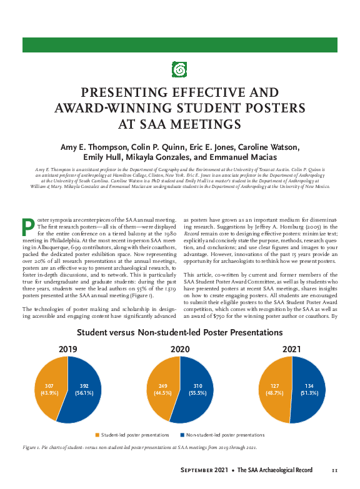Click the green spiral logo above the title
click(x=180, y=70)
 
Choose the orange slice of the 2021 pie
click(x=274, y=388)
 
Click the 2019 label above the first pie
click(x=67, y=348)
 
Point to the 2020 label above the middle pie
click(x=180, y=348)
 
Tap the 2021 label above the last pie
click(x=292, y=348)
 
